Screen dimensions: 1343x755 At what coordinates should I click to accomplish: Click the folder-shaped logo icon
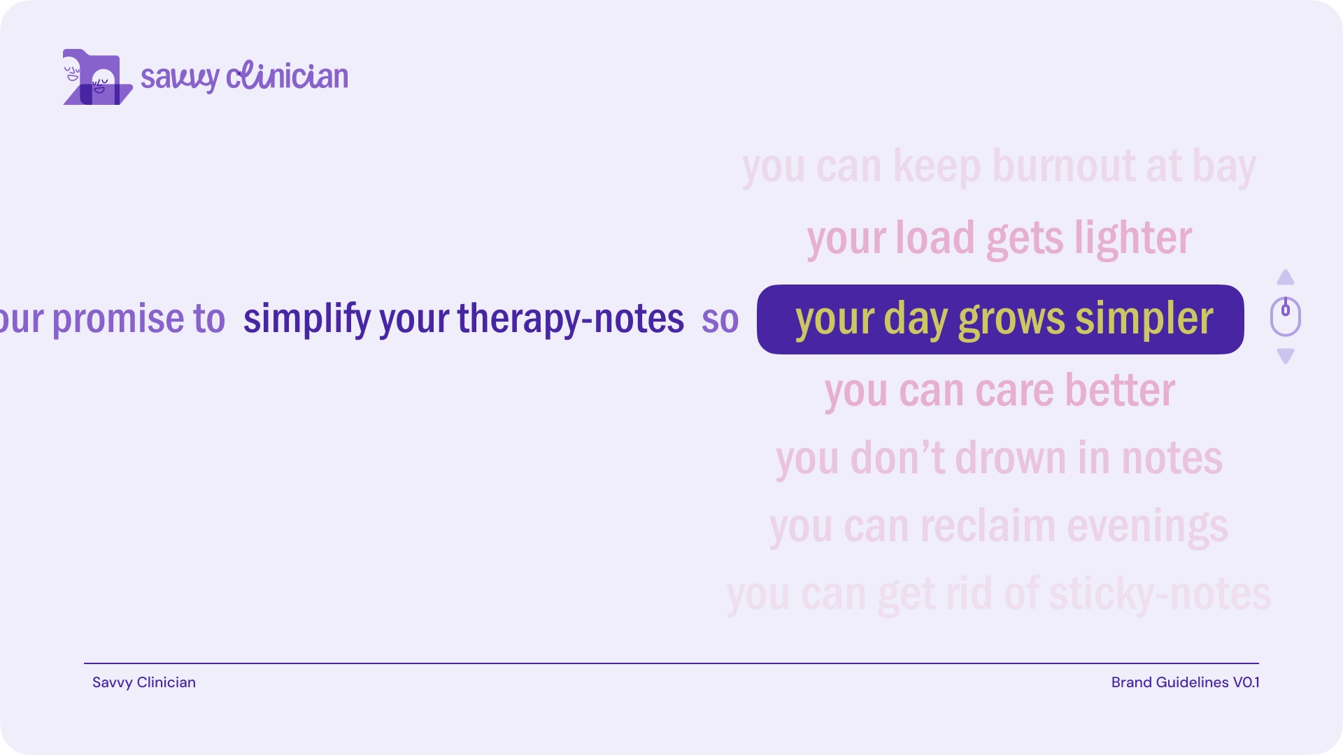[x=98, y=77]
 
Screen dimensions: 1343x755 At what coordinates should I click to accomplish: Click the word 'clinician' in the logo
[x=287, y=75]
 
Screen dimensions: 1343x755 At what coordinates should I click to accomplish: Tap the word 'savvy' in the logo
[x=180, y=78]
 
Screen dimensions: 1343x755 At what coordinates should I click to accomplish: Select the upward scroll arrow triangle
[x=1286, y=278]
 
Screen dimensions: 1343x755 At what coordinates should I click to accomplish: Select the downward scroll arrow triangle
[x=1286, y=356]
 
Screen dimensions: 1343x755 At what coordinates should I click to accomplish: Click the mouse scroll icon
[x=1286, y=317]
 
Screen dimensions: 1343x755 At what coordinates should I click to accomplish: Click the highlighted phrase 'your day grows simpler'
[x=1004, y=319]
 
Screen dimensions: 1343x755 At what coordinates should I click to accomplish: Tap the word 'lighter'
[x=1133, y=238]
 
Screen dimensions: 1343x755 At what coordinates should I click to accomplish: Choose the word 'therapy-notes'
[x=571, y=319]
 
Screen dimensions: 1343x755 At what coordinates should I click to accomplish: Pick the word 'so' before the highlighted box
[x=720, y=321]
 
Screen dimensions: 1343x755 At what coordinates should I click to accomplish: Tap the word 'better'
[x=1120, y=390]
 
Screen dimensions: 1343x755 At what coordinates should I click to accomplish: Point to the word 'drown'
[x=1011, y=459]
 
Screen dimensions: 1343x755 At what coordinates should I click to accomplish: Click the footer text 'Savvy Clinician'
[x=144, y=682]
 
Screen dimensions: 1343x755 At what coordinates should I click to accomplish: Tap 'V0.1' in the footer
[x=1246, y=682]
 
